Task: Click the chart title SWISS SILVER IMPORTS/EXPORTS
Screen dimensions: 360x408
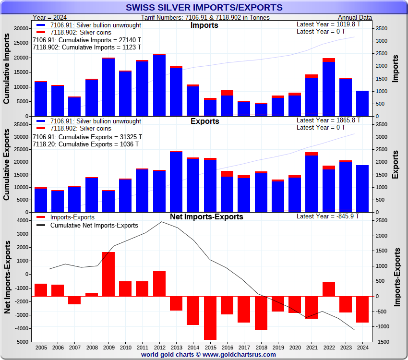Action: tap(204, 8)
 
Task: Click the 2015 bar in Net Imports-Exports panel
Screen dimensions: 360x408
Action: tap(210, 318)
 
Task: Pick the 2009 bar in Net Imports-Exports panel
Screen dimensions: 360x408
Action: tap(108, 274)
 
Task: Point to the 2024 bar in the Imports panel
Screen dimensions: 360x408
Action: tap(362, 103)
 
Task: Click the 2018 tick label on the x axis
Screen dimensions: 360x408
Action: tap(261, 347)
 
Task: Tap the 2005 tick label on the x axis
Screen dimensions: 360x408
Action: tap(41, 347)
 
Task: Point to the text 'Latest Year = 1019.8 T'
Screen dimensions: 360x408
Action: tap(328, 24)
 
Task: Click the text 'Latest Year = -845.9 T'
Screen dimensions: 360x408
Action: tap(328, 216)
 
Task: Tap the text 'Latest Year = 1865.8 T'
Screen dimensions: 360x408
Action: tap(328, 120)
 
